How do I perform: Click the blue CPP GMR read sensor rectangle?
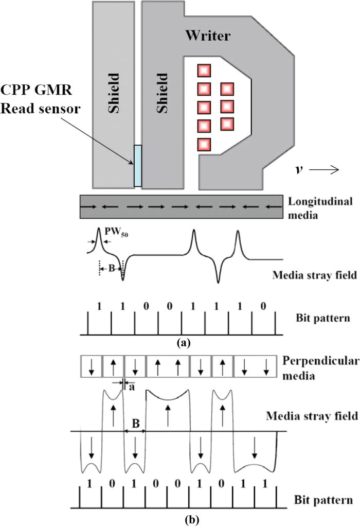coord(137,166)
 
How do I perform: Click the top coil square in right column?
coord(227,89)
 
